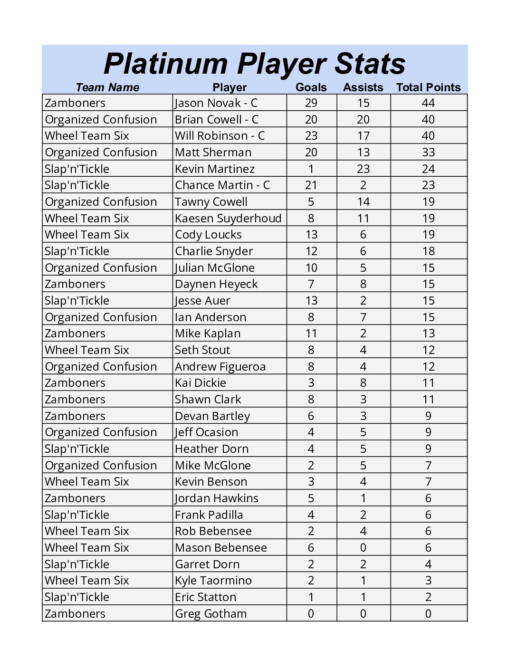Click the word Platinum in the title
tap(165, 64)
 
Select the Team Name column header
tap(107, 87)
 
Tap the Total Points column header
tap(428, 87)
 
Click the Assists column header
tap(363, 87)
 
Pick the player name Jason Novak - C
tap(216, 103)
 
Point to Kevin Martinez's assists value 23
tap(363, 169)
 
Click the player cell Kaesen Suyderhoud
tap(228, 219)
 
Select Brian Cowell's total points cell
tap(428, 120)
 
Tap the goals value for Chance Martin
tap(311, 185)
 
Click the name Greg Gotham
tap(211, 614)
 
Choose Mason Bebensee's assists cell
tap(363, 548)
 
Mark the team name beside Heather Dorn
tap(77, 449)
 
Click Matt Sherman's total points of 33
tap(428, 153)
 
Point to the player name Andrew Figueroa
tap(220, 367)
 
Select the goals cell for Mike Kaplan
tap(311, 334)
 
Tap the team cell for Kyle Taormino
tap(87, 581)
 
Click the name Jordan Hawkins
tap(217, 498)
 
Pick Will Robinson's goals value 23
tap(311, 136)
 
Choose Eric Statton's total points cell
tap(428, 597)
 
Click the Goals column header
tap(311, 87)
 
